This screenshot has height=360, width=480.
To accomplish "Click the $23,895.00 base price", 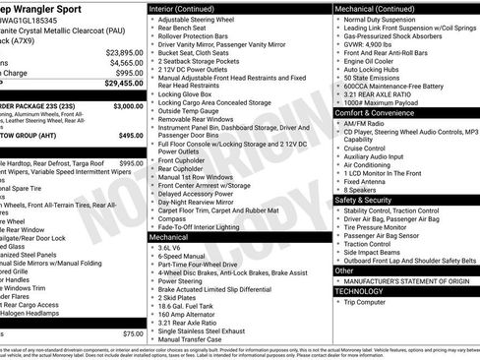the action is (124, 51).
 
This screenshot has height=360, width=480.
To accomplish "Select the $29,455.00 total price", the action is (122, 85).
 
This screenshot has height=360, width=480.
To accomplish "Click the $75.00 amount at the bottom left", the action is (132, 333).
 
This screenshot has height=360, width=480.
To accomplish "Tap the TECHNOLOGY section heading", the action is (359, 291).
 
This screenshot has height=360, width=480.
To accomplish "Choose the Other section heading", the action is (344, 270).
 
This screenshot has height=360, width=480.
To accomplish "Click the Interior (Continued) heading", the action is (182, 7).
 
